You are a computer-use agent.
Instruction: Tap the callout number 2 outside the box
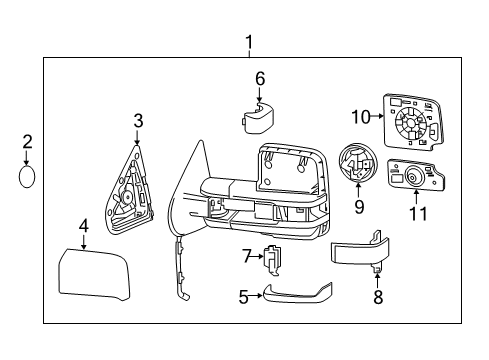coord(28,142)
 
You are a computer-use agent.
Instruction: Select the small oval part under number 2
coord(28,178)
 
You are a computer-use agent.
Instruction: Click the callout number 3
coord(139,121)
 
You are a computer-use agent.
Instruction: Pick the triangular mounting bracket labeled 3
coord(129,195)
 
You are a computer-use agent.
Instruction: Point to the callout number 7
coord(244,257)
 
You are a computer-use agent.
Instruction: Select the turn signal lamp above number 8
coord(358,250)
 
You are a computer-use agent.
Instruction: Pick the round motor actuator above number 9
coord(355,165)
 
